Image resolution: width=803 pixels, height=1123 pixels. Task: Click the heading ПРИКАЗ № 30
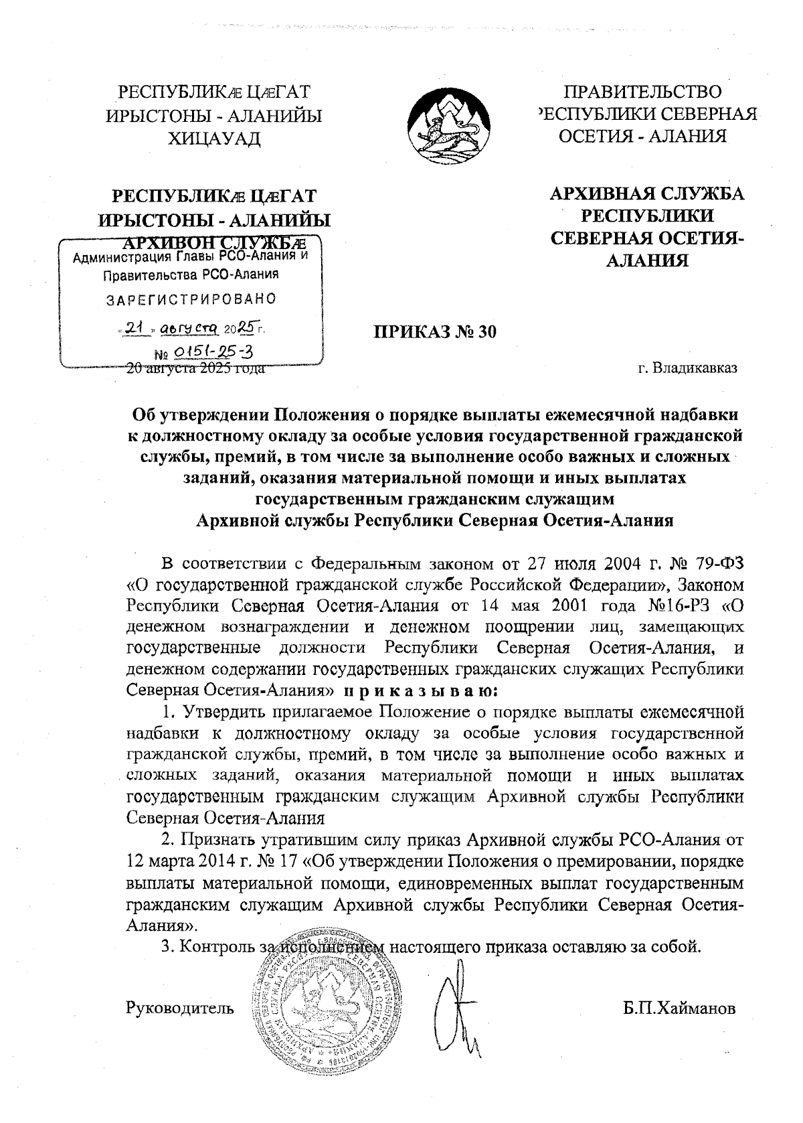pyautogui.click(x=435, y=331)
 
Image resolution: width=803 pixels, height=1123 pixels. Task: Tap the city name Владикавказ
pyautogui.click(x=687, y=368)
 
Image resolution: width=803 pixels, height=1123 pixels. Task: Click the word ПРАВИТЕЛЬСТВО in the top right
pyautogui.click(x=643, y=92)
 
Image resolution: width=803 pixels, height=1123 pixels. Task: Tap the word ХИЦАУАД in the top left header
pyautogui.click(x=214, y=139)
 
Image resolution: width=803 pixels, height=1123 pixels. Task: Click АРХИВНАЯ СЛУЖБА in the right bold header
pyautogui.click(x=646, y=195)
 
